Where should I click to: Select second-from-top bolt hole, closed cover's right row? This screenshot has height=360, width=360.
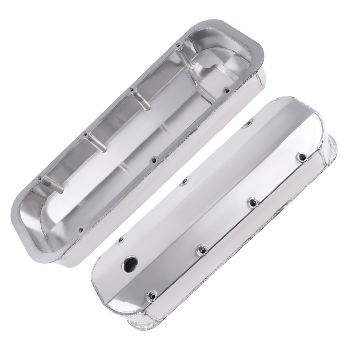[252, 203]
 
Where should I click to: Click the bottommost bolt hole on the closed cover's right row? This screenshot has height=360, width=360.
[150, 294]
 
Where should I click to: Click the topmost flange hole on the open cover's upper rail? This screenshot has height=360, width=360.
[178, 45]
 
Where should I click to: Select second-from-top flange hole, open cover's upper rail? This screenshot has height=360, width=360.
[132, 90]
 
